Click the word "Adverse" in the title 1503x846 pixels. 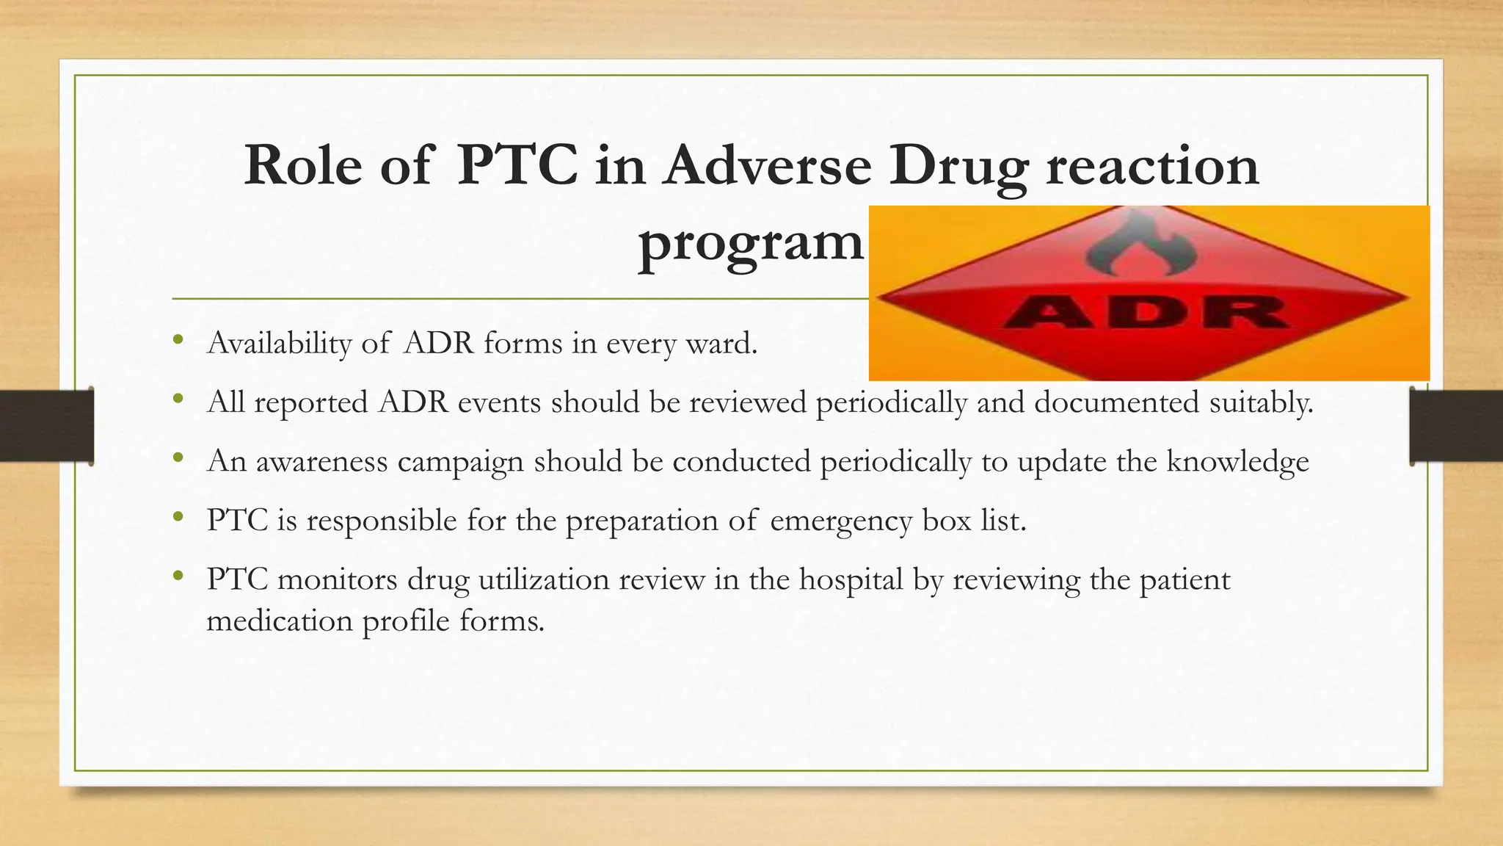click(767, 165)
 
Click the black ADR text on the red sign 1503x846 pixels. click(1145, 312)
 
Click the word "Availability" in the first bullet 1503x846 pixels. click(280, 344)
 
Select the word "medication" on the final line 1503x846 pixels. click(280, 621)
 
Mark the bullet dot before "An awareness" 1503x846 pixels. click(177, 458)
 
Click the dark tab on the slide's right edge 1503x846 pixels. click(1456, 426)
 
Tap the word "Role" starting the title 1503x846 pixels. click(302, 165)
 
